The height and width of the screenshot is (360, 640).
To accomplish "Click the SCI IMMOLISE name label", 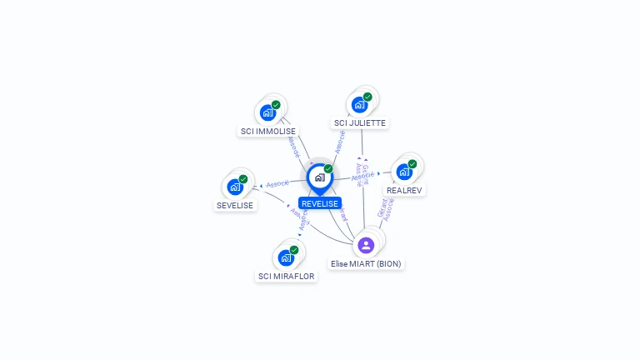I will (x=267, y=131).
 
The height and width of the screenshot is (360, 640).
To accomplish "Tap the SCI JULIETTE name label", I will (x=359, y=122).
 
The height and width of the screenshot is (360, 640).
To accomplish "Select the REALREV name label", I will (x=404, y=190).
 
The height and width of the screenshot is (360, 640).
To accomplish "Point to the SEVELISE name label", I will (x=235, y=205).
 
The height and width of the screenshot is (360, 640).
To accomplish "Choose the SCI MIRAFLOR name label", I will (x=287, y=276).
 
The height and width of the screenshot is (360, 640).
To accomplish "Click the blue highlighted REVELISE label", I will (x=320, y=203).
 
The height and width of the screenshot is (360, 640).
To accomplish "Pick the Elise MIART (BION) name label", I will (x=366, y=263).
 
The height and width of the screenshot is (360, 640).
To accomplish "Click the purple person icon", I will (x=366, y=245).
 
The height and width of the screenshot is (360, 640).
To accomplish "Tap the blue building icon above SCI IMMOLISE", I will (x=267, y=112).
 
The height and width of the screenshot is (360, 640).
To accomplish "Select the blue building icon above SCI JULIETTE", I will (x=359, y=104).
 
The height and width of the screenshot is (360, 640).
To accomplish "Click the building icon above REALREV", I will (x=404, y=172).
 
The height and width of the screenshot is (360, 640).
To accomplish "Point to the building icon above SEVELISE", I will (x=235, y=187).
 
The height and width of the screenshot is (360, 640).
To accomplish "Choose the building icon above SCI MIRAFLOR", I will (x=287, y=257).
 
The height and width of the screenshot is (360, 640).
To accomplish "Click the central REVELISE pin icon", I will (x=319, y=177).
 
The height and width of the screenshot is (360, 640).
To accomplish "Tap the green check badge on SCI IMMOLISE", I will (x=276, y=105).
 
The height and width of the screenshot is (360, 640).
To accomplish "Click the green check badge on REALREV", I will (x=412, y=164).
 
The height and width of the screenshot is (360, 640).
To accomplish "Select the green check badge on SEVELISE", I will (x=243, y=179).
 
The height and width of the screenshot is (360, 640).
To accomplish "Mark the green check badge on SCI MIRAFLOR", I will (x=294, y=250).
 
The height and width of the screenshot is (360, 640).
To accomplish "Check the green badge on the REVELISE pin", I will (x=328, y=169).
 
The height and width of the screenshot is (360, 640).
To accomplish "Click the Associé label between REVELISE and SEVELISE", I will (x=277, y=183).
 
